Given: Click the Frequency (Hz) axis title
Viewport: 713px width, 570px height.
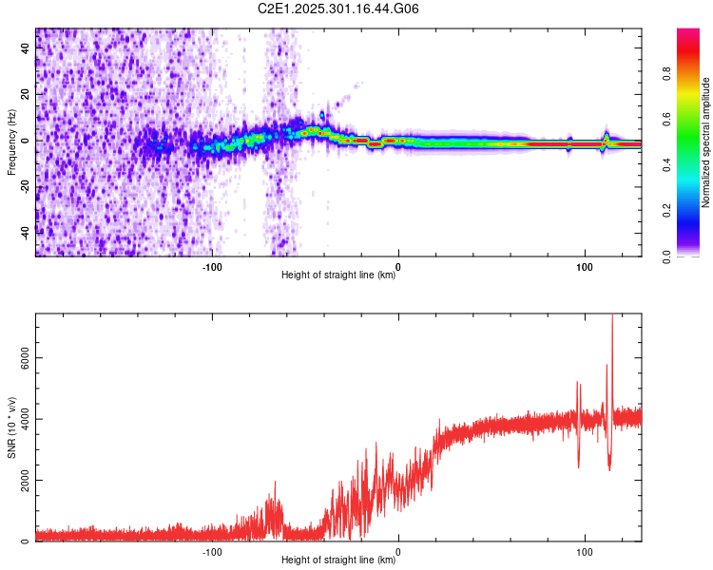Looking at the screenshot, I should click(x=11, y=142).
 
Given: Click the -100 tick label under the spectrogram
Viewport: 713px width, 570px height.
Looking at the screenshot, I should click(x=212, y=265).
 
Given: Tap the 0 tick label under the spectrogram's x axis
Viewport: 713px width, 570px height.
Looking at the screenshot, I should click(x=398, y=265).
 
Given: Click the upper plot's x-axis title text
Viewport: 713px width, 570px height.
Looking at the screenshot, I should click(x=338, y=275).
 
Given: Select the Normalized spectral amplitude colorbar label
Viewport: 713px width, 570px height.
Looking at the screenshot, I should click(x=706, y=142).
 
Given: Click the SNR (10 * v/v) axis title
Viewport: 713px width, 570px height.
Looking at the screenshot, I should click(x=11, y=427).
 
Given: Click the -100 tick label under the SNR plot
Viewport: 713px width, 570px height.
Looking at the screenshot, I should click(x=212, y=550).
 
